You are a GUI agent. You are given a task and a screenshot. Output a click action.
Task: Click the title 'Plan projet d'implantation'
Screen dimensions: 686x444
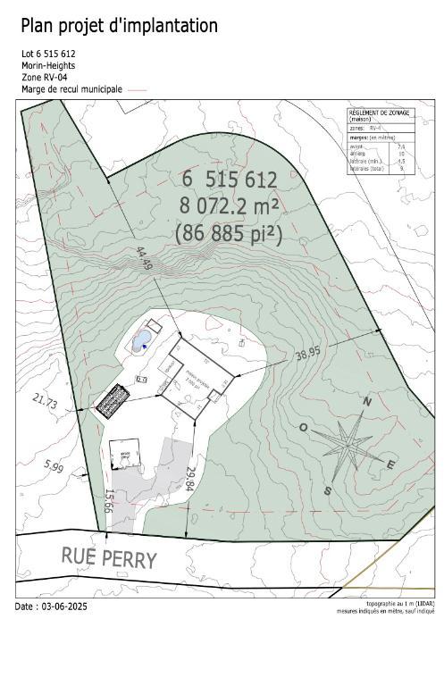tap(119, 26)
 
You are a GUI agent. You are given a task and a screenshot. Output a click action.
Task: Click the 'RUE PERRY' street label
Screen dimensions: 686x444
tap(109, 557)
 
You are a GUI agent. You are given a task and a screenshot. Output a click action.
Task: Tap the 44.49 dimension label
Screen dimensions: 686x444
tap(144, 261)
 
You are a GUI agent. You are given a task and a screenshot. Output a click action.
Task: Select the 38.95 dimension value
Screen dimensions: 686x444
tap(307, 356)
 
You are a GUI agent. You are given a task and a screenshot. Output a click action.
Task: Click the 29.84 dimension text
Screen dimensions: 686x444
tap(190, 480)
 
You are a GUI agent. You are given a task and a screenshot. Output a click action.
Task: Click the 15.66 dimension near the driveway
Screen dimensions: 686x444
tap(110, 500)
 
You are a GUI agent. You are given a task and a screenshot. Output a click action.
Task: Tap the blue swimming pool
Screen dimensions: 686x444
tap(141, 342)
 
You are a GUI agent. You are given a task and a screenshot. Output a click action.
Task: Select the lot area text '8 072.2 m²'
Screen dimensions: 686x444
tap(230, 205)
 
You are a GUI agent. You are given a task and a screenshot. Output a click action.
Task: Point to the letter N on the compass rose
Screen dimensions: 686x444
tap(365, 403)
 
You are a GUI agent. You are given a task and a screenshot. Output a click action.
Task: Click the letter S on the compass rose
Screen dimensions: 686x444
tap(328, 489)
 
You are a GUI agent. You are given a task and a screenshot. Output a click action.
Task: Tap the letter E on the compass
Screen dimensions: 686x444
tap(390, 464)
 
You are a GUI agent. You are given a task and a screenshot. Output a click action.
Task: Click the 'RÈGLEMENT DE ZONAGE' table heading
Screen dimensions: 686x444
tap(375, 113)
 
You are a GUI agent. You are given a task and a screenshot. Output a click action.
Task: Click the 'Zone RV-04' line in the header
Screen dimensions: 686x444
tap(45, 78)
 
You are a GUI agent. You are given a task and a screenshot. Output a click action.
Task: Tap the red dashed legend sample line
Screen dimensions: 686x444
tap(137, 90)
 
